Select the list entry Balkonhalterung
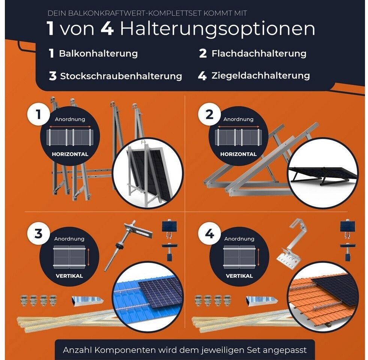[x=98, y=54]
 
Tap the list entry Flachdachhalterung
[x=259, y=54]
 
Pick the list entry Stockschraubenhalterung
[x=121, y=76]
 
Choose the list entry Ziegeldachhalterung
[x=261, y=76]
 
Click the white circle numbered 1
[x=39, y=114]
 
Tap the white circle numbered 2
[x=210, y=114]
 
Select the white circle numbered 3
[x=39, y=234]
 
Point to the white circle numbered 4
[x=210, y=234]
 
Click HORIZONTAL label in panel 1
[x=70, y=154]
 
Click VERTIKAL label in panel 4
[x=239, y=276]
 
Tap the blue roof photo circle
[x=148, y=297]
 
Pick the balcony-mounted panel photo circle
[x=148, y=173]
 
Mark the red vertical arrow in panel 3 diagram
[x=88, y=258]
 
